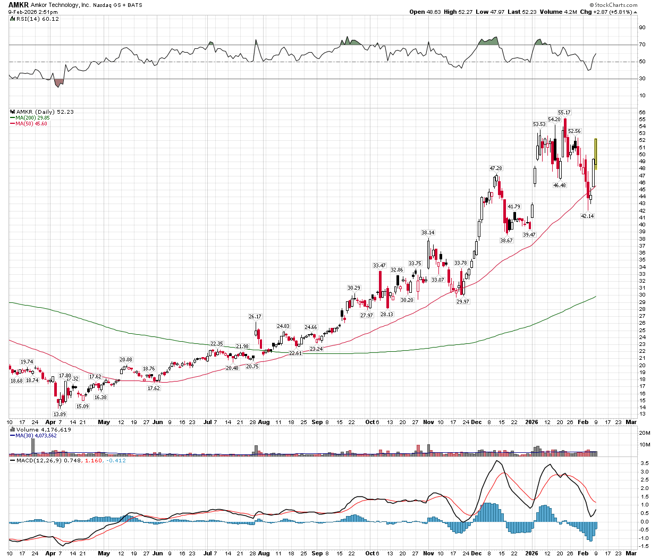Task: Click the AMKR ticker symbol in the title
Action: point(18,5)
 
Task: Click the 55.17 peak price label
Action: point(564,113)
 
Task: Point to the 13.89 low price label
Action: point(60,414)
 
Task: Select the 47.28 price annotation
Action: point(495,168)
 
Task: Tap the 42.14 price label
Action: point(587,216)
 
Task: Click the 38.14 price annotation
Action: point(427,233)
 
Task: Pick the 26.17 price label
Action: point(255,317)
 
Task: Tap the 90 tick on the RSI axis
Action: point(642,28)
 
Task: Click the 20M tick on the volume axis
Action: point(644,433)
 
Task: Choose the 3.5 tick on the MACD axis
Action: point(644,471)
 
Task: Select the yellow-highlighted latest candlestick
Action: point(596,153)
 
